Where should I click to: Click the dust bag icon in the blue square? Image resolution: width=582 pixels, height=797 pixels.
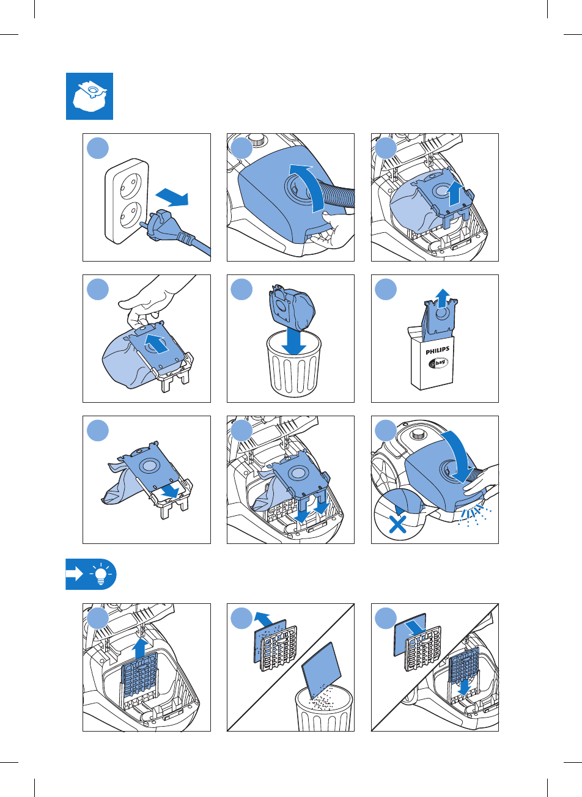coord(90,97)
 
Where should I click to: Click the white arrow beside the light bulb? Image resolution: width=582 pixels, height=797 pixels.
coord(75,574)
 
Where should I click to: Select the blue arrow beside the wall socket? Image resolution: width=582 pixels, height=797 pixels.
coord(172,197)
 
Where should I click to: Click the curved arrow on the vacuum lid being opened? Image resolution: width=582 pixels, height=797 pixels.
coord(309,187)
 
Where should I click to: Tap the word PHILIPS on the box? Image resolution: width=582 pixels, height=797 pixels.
coord(438,350)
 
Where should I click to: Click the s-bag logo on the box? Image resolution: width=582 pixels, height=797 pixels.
coord(438,363)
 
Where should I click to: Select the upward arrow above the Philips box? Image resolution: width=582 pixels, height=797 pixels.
coord(443,298)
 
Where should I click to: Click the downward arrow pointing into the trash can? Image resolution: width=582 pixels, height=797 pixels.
coord(294,341)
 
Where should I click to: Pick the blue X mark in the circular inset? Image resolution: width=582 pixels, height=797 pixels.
coord(397,524)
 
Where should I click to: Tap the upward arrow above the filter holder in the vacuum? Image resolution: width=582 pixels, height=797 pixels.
coord(140,648)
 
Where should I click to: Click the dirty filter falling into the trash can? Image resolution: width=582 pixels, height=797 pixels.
coord(321,670)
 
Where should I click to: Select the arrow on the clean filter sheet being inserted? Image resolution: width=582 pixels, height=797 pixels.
coord(416,628)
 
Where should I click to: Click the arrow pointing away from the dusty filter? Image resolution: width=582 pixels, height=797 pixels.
coord(263,619)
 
